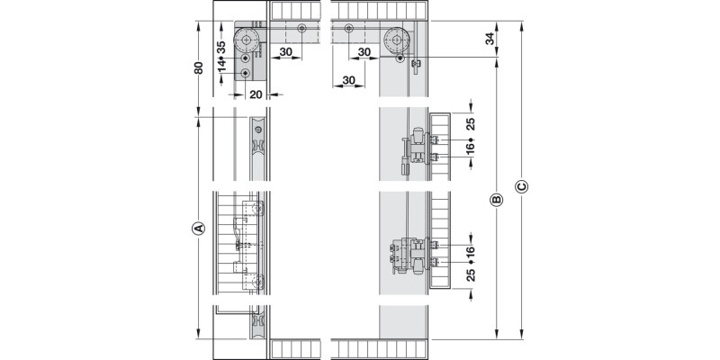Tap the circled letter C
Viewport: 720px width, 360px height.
521,186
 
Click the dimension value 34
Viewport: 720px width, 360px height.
490,40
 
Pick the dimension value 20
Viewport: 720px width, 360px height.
256,94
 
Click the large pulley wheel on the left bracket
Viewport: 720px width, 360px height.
245,41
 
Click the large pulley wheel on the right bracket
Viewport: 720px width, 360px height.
396,40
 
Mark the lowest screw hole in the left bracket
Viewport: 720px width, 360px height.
245,72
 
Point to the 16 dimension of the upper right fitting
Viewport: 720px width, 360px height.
470,147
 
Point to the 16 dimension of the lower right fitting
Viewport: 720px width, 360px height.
470,249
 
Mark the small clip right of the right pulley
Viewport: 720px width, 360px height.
416,66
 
